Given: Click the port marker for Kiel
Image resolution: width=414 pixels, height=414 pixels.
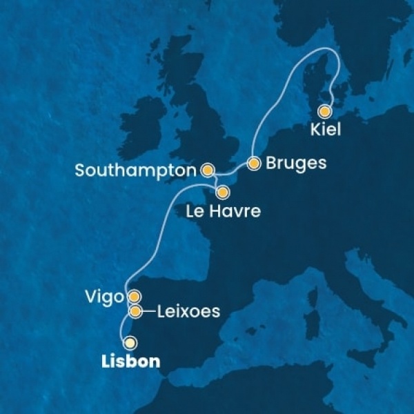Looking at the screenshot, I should tap(324, 110).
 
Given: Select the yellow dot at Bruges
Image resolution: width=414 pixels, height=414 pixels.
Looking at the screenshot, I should tap(254, 164).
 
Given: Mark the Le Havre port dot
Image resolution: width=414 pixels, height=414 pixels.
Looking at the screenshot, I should tap(222, 191).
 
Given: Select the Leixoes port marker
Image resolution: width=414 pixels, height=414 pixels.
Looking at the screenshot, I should tap(136, 312).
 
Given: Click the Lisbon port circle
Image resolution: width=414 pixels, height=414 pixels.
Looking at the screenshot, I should tap(129, 342).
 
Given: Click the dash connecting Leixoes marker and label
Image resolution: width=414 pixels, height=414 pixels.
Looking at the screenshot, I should tap(149, 312).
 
